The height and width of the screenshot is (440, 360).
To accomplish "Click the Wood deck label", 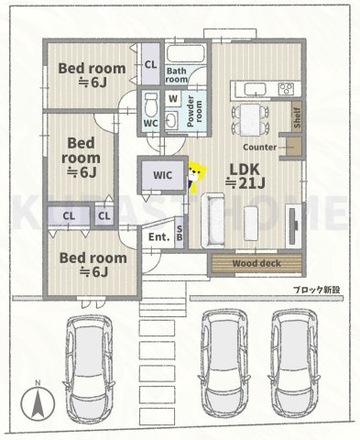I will pos(256,264).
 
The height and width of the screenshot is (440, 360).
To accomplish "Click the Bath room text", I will pos(176,75).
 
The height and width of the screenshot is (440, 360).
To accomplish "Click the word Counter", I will pos(261,147).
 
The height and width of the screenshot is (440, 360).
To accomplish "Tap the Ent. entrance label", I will pos(158,236).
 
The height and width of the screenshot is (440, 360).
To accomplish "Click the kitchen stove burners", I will pos(283,89).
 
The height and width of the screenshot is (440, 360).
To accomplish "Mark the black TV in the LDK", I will pos(293,225).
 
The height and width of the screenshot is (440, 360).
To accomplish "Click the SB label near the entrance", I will pos(180,233).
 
